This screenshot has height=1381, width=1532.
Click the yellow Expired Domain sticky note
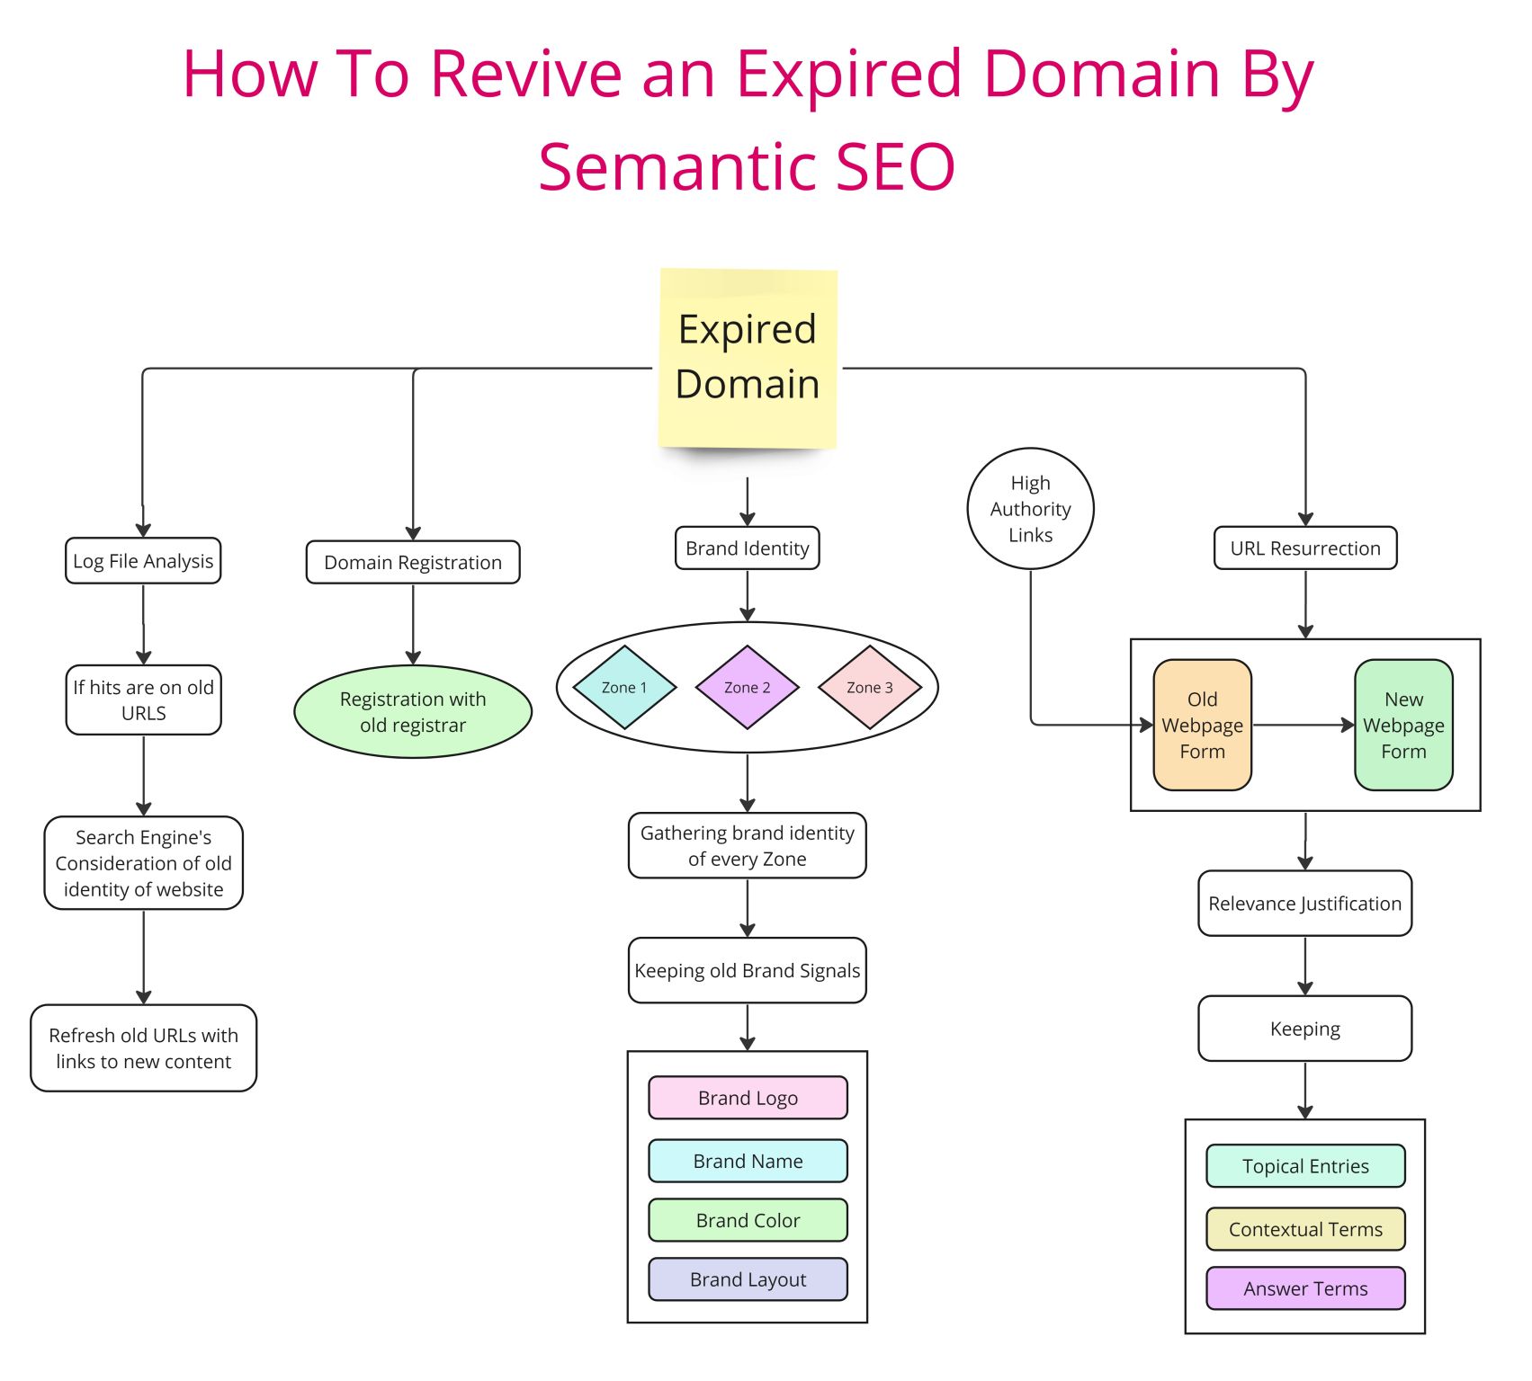[748, 358]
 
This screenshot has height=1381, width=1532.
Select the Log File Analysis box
[143, 561]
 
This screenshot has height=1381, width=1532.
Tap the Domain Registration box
[413, 562]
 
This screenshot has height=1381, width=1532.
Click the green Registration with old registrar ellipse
[413, 711]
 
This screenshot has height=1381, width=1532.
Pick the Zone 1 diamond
[624, 687]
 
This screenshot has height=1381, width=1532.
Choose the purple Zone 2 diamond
[748, 687]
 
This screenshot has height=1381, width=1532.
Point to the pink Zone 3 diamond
[870, 687]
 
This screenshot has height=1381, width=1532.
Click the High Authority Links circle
[1030, 509]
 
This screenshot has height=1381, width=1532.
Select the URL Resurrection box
[1305, 548]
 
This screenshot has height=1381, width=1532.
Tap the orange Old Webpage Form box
[1203, 725]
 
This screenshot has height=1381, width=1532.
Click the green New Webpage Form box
[1403, 725]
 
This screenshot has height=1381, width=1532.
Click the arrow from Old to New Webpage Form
[1304, 725]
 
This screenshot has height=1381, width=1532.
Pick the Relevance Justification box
[1305, 904]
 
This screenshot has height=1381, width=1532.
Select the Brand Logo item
[748, 1098]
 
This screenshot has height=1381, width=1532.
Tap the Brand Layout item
[748, 1279]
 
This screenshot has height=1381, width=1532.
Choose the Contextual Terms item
[1305, 1229]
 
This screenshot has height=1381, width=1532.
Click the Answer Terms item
[1305, 1288]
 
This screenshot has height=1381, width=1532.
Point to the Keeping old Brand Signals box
[748, 971]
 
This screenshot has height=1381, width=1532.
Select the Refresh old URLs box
[144, 1048]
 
